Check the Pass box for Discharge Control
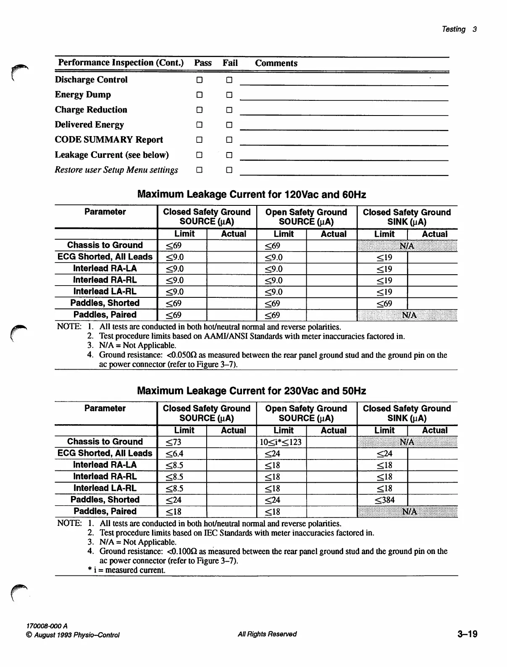(x=200, y=80)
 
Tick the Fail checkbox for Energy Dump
(x=229, y=95)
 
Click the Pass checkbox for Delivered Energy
(x=200, y=125)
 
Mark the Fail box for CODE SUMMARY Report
(x=229, y=140)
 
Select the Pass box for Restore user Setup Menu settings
(x=200, y=170)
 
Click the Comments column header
(x=276, y=63)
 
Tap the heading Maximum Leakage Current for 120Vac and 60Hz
(x=252, y=194)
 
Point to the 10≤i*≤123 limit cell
(x=281, y=442)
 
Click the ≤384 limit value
(x=384, y=500)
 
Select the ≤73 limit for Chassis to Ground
(x=173, y=442)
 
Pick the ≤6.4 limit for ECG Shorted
(x=174, y=454)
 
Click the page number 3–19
(x=467, y=634)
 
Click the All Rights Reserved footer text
(x=267, y=634)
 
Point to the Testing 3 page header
(x=459, y=29)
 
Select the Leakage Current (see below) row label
(x=112, y=155)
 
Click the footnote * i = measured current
(x=126, y=570)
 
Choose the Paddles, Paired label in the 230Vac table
(x=105, y=511)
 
